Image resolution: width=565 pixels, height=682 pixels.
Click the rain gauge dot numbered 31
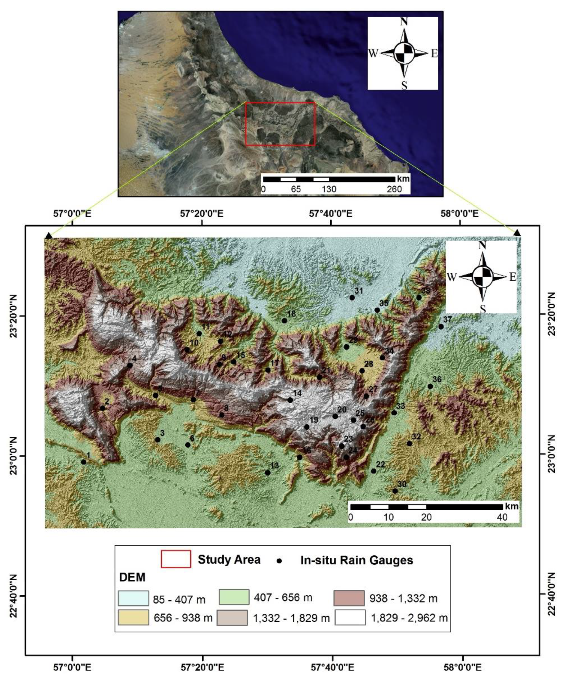click(352, 297)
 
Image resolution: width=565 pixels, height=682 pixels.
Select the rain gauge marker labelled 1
click(84, 462)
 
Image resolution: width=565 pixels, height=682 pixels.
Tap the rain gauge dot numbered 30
click(395, 491)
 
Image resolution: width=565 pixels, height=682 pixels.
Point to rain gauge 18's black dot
click(284, 321)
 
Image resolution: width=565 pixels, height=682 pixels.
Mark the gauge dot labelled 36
click(430, 386)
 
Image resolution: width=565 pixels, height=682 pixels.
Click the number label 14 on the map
click(297, 393)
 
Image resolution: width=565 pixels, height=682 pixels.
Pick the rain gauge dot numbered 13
click(268, 472)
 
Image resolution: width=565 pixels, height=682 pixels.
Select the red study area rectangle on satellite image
click(280, 124)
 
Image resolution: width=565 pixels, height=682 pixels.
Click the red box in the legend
click(176, 559)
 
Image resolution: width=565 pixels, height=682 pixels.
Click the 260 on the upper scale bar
click(394, 189)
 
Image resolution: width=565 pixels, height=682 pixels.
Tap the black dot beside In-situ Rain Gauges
click(279, 561)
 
